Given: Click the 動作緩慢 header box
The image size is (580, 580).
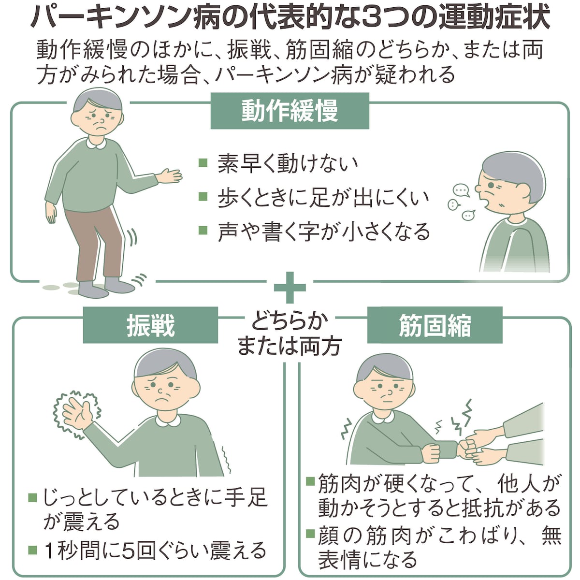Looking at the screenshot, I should pyautogui.click(x=290, y=111).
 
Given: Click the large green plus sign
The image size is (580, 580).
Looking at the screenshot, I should pyautogui.click(x=290, y=287).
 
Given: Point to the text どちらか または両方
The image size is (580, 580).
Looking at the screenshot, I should pyautogui.click(x=290, y=333).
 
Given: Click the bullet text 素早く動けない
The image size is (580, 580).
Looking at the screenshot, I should pyautogui.click(x=288, y=163).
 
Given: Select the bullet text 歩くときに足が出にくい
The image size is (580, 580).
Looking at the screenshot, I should pyautogui.click(x=323, y=198).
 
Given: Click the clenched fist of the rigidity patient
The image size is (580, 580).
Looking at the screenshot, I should pyautogui.click(x=431, y=452).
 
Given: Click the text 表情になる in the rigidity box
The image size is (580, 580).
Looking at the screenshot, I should pyautogui.click(x=367, y=560).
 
